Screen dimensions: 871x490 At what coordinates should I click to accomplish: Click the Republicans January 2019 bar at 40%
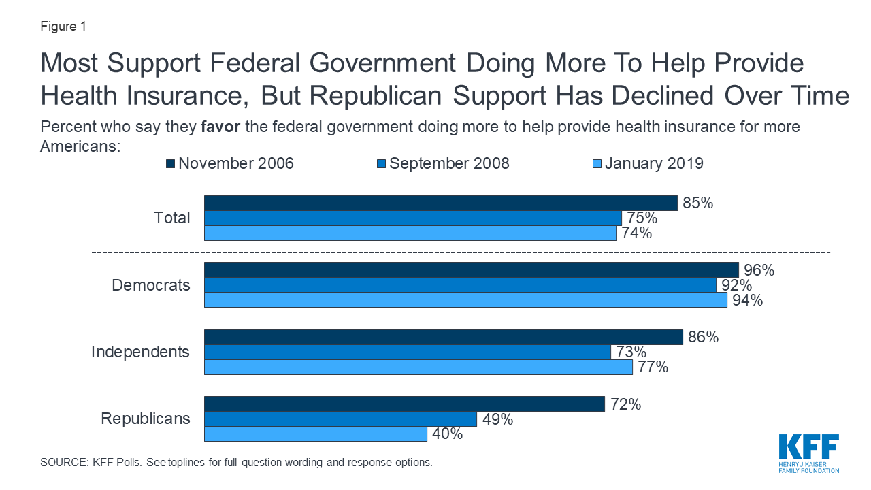tap(315, 434)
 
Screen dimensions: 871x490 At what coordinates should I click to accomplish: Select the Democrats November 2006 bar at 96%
tap(472, 270)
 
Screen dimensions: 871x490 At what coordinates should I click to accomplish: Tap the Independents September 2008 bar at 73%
tap(408, 353)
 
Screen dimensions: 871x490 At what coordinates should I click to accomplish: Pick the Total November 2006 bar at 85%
tap(441, 203)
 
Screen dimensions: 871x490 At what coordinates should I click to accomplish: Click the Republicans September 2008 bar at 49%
tap(341, 419)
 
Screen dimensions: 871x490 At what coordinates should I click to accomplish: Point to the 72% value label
tap(625, 404)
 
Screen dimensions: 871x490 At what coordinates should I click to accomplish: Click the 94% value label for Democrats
tap(747, 300)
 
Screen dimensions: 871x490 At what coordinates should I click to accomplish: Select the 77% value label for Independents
tap(653, 367)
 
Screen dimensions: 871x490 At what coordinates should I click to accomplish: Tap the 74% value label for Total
tap(636, 233)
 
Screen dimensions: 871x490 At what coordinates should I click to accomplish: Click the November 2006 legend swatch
tap(170, 164)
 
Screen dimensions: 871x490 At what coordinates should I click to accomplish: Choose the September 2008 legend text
tap(449, 163)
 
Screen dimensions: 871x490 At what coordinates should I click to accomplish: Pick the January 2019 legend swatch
tap(597, 164)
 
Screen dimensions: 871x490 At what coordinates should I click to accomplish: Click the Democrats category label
tap(151, 285)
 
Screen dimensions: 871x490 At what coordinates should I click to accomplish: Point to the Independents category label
tap(140, 352)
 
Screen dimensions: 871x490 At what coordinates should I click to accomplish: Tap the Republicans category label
tap(146, 419)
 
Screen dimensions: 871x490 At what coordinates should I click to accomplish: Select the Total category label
tap(172, 218)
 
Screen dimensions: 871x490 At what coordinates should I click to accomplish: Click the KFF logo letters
tap(809, 447)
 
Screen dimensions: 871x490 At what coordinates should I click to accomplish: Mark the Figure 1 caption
tap(63, 27)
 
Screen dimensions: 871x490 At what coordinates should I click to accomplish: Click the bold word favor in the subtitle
tap(220, 127)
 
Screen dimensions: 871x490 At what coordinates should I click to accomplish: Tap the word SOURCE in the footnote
tap(64, 462)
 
